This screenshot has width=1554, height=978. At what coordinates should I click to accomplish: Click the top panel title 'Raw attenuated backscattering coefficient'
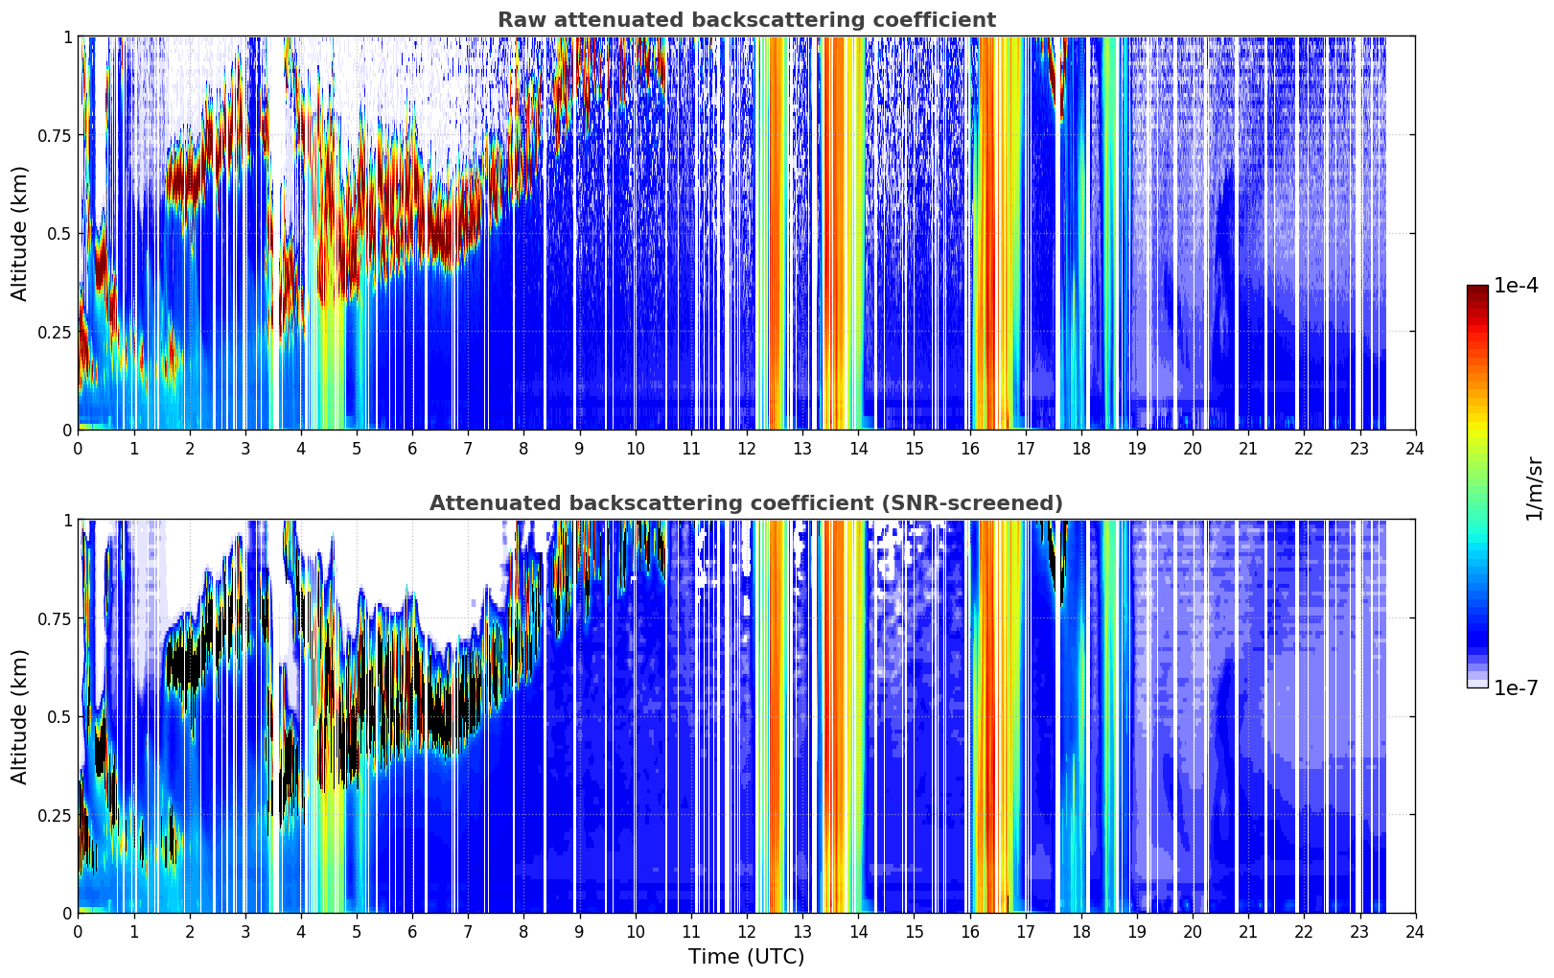click(747, 19)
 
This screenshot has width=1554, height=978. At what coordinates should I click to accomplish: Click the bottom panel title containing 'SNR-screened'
click(746, 502)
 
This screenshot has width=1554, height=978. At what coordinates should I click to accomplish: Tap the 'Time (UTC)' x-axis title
click(747, 957)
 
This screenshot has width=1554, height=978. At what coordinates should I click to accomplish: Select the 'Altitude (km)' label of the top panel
click(19, 233)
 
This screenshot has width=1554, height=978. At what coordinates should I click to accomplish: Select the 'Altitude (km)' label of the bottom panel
click(19, 716)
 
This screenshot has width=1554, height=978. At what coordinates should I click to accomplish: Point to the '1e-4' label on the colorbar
click(1515, 285)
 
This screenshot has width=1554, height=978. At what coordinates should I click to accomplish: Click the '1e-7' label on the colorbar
click(1515, 687)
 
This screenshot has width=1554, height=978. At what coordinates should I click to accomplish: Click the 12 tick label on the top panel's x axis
click(747, 449)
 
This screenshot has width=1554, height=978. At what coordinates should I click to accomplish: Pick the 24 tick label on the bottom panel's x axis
click(1415, 932)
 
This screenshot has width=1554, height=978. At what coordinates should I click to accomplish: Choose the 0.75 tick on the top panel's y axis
click(54, 135)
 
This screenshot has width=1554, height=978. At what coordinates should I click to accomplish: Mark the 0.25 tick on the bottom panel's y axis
click(54, 815)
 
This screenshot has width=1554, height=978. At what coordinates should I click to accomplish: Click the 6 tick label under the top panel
click(412, 449)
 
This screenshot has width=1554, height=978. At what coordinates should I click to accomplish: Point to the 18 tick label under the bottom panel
click(1080, 932)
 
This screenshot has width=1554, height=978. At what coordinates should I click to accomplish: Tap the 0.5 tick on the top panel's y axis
click(58, 234)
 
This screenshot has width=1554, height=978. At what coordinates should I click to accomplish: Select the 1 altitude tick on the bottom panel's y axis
click(68, 521)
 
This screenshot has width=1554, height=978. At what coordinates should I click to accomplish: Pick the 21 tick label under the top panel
click(1248, 449)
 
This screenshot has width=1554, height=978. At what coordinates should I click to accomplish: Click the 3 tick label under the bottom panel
click(244, 932)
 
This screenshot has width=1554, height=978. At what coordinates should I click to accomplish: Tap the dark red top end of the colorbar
click(1477, 290)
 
